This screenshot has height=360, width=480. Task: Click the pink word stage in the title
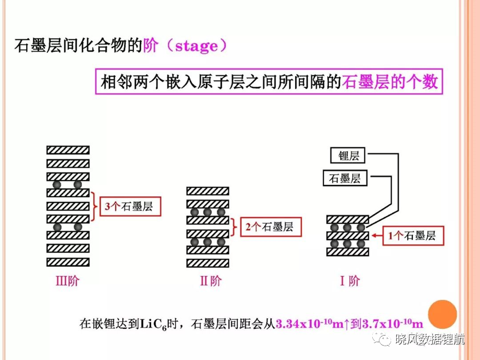click(x=197, y=46)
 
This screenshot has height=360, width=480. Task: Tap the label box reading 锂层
click(x=348, y=156)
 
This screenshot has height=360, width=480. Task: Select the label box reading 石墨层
click(x=345, y=178)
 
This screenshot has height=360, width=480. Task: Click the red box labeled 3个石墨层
click(x=131, y=206)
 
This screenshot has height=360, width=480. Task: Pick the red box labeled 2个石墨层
click(x=271, y=227)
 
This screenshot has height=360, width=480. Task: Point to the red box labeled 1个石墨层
click(x=413, y=236)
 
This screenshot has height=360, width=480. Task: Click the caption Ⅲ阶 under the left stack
click(x=68, y=281)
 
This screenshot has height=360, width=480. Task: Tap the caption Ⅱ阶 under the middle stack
click(x=211, y=281)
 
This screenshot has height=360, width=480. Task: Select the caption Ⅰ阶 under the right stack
click(x=350, y=281)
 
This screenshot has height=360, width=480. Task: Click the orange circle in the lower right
click(x=442, y=314)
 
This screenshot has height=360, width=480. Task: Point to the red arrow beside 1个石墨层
click(x=377, y=236)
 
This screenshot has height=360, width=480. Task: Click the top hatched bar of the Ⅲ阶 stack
click(x=68, y=150)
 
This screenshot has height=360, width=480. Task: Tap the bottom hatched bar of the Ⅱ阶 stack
click(x=208, y=263)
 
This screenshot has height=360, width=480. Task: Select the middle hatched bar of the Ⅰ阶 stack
click(x=348, y=236)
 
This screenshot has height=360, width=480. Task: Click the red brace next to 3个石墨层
click(x=94, y=206)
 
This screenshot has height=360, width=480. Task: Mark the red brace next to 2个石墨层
click(x=234, y=227)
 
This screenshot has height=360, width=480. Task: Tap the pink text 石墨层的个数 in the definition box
click(x=390, y=82)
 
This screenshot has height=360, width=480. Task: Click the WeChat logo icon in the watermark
click(x=382, y=338)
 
